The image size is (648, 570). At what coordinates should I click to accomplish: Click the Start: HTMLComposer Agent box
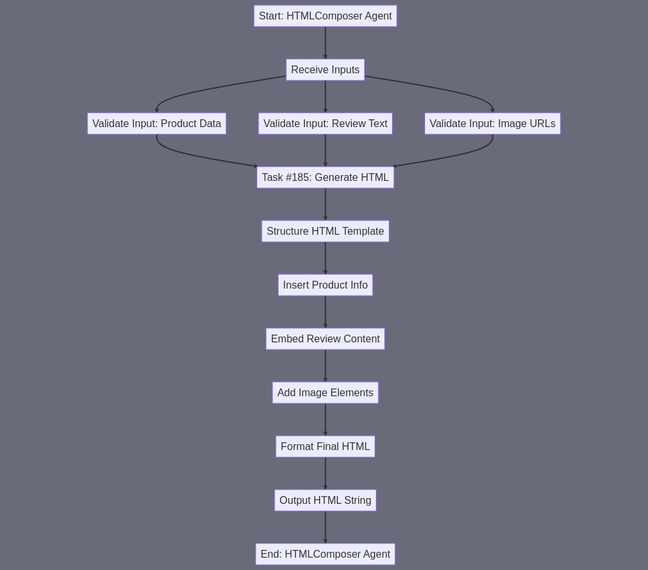tap(325, 16)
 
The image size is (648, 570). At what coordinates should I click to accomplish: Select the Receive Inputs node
tap(325, 70)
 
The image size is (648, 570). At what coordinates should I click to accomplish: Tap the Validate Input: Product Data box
tap(157, 124)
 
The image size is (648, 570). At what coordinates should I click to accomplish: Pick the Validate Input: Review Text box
tap(325, 124)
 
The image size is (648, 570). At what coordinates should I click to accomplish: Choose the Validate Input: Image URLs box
tap(492, 124)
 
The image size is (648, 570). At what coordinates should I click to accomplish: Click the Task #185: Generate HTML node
tap(325, 178)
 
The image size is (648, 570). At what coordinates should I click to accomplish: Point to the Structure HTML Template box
tap(325, 232)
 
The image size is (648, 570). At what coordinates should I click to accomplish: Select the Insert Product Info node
tap(325, 285)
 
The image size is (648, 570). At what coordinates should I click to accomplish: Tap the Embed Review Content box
tap(325, 338)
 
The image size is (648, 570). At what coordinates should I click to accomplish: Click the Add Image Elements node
tap(325, 392)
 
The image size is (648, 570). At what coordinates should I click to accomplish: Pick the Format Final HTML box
tap(325, 446)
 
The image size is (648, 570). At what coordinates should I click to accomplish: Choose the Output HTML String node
tap(325, 500)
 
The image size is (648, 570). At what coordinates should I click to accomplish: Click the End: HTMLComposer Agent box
tap(325, 554)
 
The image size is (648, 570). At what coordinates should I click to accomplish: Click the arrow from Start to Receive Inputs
tap(325, 43)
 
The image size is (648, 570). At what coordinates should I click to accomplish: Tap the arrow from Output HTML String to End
tap(325, 527)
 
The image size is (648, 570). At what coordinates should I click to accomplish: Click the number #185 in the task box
tap(298, 178)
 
